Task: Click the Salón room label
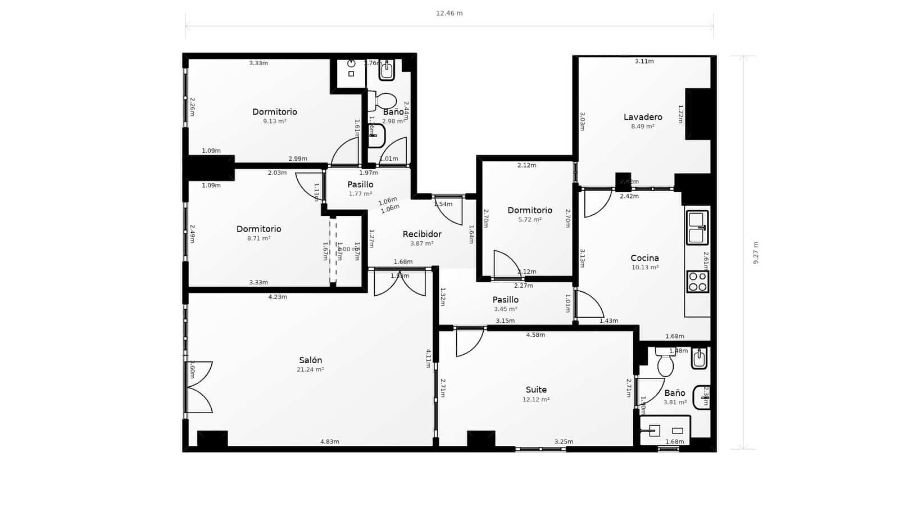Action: pyautogui.click(x=310, y=360)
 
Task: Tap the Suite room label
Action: pyautogui.click(x=536, y=390)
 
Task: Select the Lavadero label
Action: pyautogui.click(x=643, y=117)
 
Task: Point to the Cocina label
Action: pyautogui.click(x=644, y=258)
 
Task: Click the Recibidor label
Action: pyautogui.click(x=422, y=234)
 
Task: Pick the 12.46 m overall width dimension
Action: pyautogui.click(x=449, y=13)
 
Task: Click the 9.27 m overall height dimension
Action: pyautogui.click(x=756, y=252)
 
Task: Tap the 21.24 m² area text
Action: pyautogui.click(x=310, y=370)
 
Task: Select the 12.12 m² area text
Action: pyautogui.click(x=536, y=400)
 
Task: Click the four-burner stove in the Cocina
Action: pyautogui.click(x=697, y=282)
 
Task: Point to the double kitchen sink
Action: pyautogui.click(x=697, y=228)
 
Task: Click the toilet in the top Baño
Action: pyautogui.click(x=385, y=101)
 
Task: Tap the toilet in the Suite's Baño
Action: pyautogui.click(x=666, y=365)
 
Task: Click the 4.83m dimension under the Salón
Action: pyautogui.click(x=330, y=442)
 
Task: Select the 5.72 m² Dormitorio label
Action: pyautogui.click(x=530, y=210)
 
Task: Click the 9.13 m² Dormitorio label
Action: pyautogui.click(x=275, y=112)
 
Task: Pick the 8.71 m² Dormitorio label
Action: pyautogui.click(x=258, y=229)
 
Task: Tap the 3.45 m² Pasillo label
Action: pyautogui.click(x=505, y=300)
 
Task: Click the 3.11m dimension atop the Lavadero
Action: pyautogui.click(x=644, y=61)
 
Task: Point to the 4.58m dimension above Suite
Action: pyautogui.click(x=535, y=335)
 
